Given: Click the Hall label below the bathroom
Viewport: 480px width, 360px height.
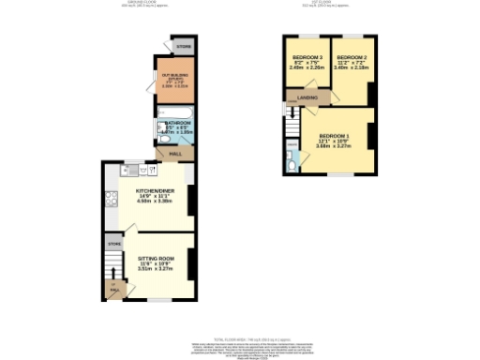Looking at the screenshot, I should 174,154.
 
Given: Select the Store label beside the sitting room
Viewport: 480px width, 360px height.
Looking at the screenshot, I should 114,244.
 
